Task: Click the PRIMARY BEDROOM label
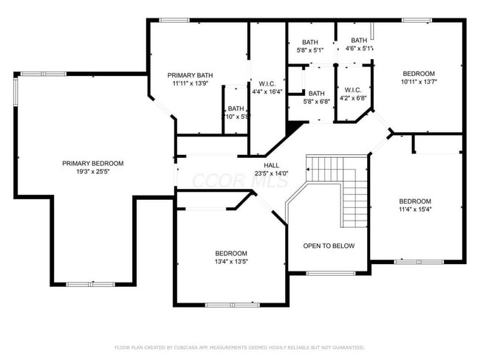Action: click(x=92, y=163)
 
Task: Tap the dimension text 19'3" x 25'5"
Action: click(x=92, y=171)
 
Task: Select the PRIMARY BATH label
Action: click(x=190, y=75)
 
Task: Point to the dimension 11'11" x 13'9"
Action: click(x=190, y=83)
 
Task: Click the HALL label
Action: click(x=272, y=165)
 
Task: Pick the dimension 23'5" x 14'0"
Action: click(x=272, y=173)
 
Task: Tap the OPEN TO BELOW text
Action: click(x=329, y=246)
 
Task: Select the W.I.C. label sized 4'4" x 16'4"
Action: click(x=267, y=83)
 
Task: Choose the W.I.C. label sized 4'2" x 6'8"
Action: click(x=353, y=90)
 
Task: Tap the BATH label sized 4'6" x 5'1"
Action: click(x=359, y=41)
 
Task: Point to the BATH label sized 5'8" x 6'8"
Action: click(x=317, y=93)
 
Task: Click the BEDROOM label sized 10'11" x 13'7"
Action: click(x=418, y=74)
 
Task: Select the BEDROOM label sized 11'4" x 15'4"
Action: click(x=415, y=201)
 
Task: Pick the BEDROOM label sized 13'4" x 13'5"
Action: click(x=230, y=253)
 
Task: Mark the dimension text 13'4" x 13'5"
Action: click(x=230, y=261)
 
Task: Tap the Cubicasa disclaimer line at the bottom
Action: click(x=239, y=347)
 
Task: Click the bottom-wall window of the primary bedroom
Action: click(x=91, y=284)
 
